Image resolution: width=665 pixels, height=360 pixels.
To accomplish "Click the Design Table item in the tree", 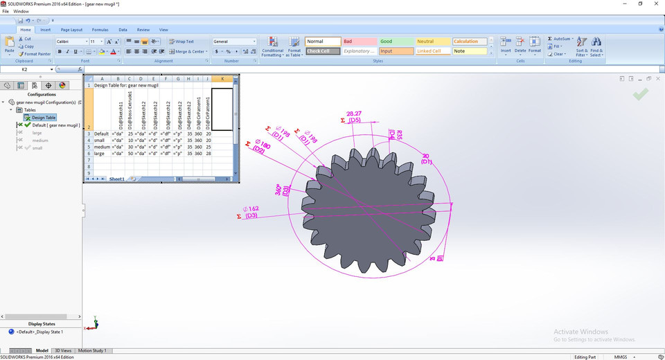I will tap(43, 118).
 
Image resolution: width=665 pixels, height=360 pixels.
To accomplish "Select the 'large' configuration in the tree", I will tap(37, 132).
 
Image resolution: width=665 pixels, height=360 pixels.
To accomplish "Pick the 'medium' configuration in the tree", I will tap(39, 140).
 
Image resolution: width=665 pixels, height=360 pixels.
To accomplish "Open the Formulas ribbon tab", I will tap(100, 30).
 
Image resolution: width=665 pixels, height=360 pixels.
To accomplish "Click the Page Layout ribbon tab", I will tap(71, 30).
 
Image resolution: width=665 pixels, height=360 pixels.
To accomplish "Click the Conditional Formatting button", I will tap(272, 48).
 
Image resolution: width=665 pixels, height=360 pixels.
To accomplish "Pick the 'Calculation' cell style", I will tap(469, 42).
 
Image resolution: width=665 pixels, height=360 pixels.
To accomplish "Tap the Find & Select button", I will tap(596, 47).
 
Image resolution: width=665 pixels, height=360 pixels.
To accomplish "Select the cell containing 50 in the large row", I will tap(130, 154).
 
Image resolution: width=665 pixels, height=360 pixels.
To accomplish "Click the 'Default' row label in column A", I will tap(101, 134).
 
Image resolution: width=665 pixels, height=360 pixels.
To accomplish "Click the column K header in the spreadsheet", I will tap(222, 79).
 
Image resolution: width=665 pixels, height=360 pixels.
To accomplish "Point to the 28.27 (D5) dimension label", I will tap(354, 116).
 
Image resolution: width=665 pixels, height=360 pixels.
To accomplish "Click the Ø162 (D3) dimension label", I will tap(250, 212).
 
